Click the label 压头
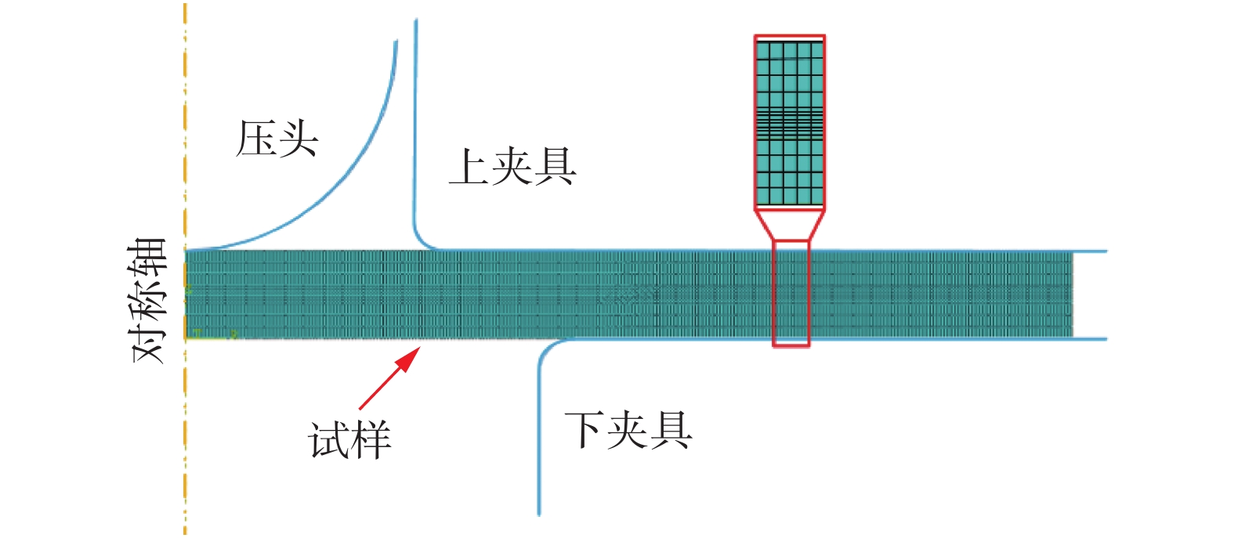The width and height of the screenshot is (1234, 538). (x=277, y=139)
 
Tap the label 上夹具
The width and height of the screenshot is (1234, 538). (x=512, y=168)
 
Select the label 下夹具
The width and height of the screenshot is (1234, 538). (x=628, y=430)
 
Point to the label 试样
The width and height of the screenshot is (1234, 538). (x=349, y=440)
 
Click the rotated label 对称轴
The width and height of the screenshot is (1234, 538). (x=150, y=301)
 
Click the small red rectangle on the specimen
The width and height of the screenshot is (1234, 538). (x=791, y=294)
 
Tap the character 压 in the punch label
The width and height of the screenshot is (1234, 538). (x=256, y=139)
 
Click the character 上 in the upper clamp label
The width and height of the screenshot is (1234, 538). (x=469, y=168)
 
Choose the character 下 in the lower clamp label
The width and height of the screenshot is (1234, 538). (x=584, y=430)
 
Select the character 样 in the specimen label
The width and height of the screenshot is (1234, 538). (x=371, y=440)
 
